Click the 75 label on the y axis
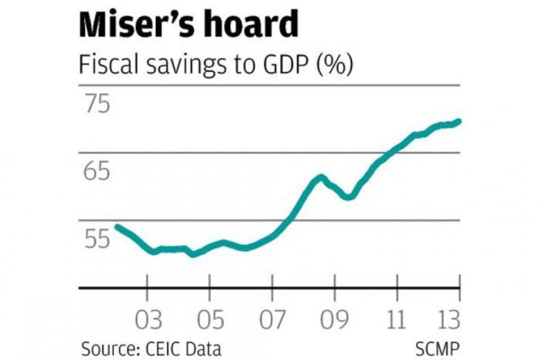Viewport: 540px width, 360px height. [x=96, y=104]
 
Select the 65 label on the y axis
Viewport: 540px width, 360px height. [x=96, y=172]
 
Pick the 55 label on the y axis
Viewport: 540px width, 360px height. [x=96, y=240]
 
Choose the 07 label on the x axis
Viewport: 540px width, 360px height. [x=272, y=321]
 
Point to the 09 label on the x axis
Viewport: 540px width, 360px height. [x=334, y=321]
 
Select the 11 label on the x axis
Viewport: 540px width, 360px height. [x=396, y=321]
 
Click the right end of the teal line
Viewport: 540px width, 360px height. [x=459, y=121]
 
